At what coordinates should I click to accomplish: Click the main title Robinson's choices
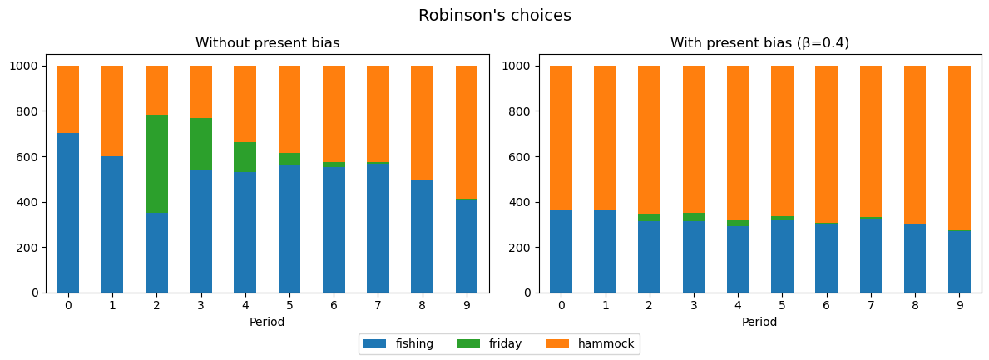tap(494, 16)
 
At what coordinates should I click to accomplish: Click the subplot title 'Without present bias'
tap(267, 43)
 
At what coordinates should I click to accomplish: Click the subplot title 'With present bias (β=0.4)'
tap(759, 43)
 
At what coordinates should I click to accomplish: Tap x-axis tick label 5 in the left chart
tap(289, 305)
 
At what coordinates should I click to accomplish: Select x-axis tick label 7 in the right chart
tap(871, 305)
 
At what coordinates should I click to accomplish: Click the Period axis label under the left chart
tap(267, 322)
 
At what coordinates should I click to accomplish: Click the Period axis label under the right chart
tap(759, 322)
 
